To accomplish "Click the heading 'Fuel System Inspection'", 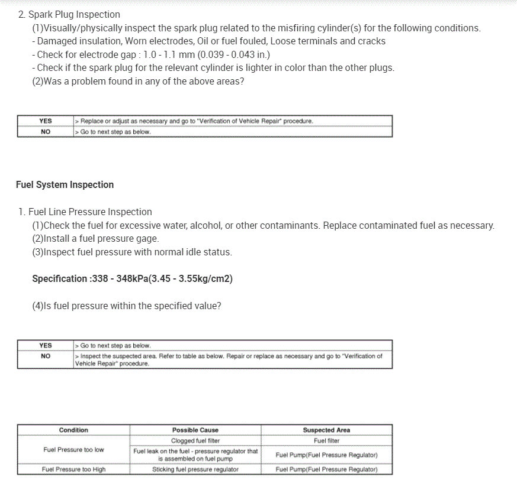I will [x=65, y=185].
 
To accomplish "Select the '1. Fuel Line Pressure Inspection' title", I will [x=85, y=212].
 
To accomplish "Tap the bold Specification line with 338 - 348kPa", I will [x=132, y=279].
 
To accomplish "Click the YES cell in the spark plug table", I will [x=46, y=121].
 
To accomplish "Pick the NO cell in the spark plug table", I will [x=46, y=132].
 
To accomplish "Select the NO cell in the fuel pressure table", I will [x=46, y=356].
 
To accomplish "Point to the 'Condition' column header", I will [x=73, y=430].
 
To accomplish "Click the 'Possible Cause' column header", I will [x=195, y=430].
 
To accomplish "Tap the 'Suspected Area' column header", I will [x=326, y=430].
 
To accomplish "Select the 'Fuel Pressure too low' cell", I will [x=73, y=450].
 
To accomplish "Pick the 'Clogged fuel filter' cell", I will [x=195, y=441].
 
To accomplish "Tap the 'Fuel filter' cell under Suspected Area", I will [x=326, y=441].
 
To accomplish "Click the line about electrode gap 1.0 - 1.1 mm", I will [x=153, y=54].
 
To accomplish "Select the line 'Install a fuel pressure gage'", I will [x=96, y=239].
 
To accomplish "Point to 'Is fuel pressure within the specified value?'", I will [x=127, y=306].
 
